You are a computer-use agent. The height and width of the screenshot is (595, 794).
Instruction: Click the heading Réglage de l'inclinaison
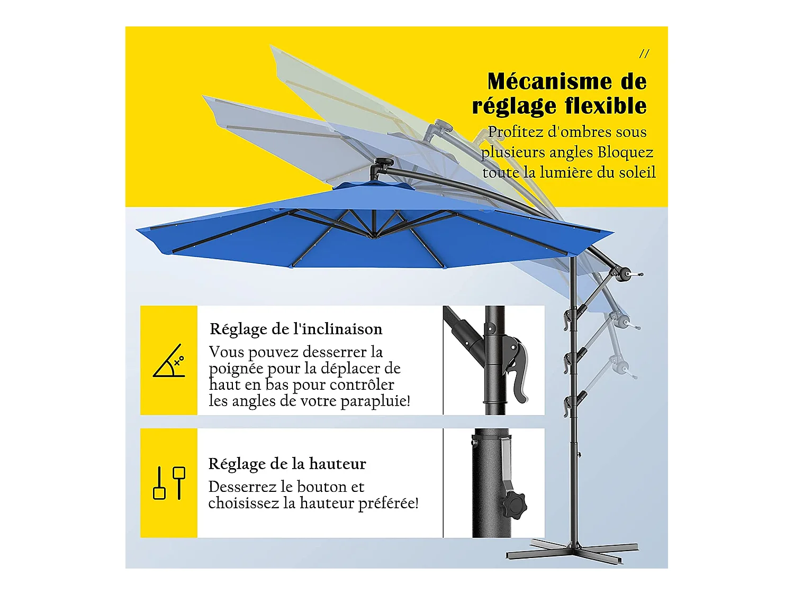(x=296, y=329)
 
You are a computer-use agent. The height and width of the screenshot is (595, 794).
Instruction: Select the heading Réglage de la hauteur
(x=287, y=464)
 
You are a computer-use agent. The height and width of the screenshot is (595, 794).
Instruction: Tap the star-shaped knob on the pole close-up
(x=515, y=504)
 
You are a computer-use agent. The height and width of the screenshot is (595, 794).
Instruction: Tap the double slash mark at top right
(x=644, y=53)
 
